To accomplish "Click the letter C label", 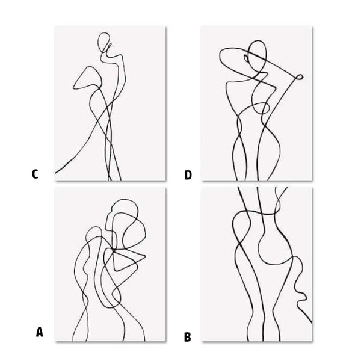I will click(35, 174).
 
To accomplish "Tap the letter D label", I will click(188, 175).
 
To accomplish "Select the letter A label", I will click(40, 331).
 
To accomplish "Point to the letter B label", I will click(187, 337).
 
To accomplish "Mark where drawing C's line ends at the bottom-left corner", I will click(57, 173).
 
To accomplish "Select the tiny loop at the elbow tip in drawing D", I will click(295, 76).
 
